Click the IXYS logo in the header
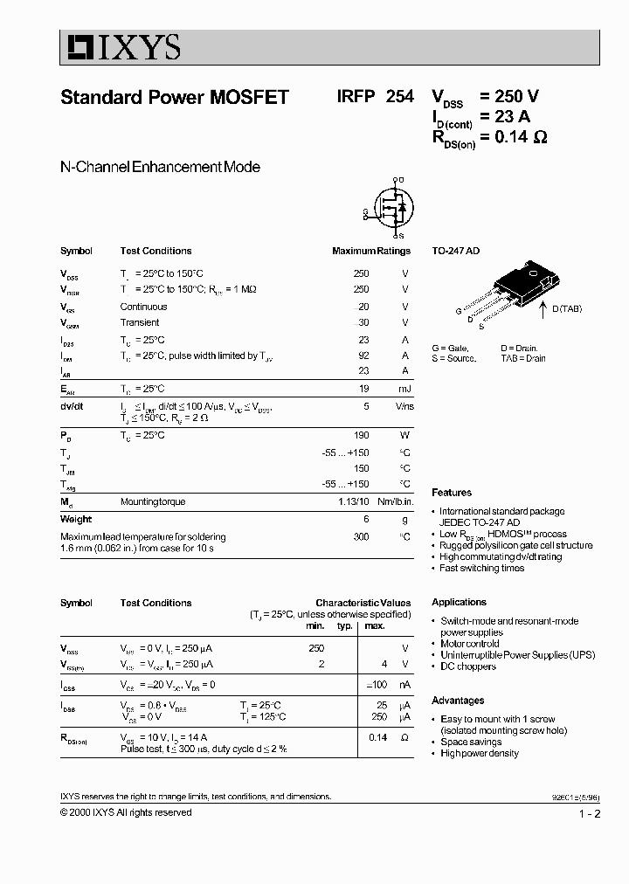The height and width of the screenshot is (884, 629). pyautogui.click(x=121, y=47)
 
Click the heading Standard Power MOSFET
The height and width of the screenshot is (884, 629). pyautogui.click(x=174, y=98)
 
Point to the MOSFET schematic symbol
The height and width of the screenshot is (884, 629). pyautogui.click(x=391, y=209)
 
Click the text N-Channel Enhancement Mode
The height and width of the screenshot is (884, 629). pyautogui.click(x=160, y=167)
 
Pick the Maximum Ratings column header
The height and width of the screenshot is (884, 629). pyautogui.click(x=370, y=251)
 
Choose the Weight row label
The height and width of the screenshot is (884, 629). pyautogui.click(x=76, y=519)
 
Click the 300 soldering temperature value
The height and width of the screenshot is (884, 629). pyautogui.click(x=361, y=536)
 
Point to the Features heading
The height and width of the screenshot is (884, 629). pyautogui.click(x=451, y=493)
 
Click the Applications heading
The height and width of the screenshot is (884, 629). pyautogui.click(x=459, y=602)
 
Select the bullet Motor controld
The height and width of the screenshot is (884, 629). pyautogui.click(x=469, y=644)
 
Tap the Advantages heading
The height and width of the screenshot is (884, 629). pyautogui.click(x=457, y=701)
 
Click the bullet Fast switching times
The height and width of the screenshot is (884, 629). pyautogui.click(x=481, y=568)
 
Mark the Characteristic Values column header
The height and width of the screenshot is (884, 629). pyautogui.click(x=363, y=603)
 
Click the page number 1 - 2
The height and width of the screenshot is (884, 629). pyautogui.click(x=589, y=813)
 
